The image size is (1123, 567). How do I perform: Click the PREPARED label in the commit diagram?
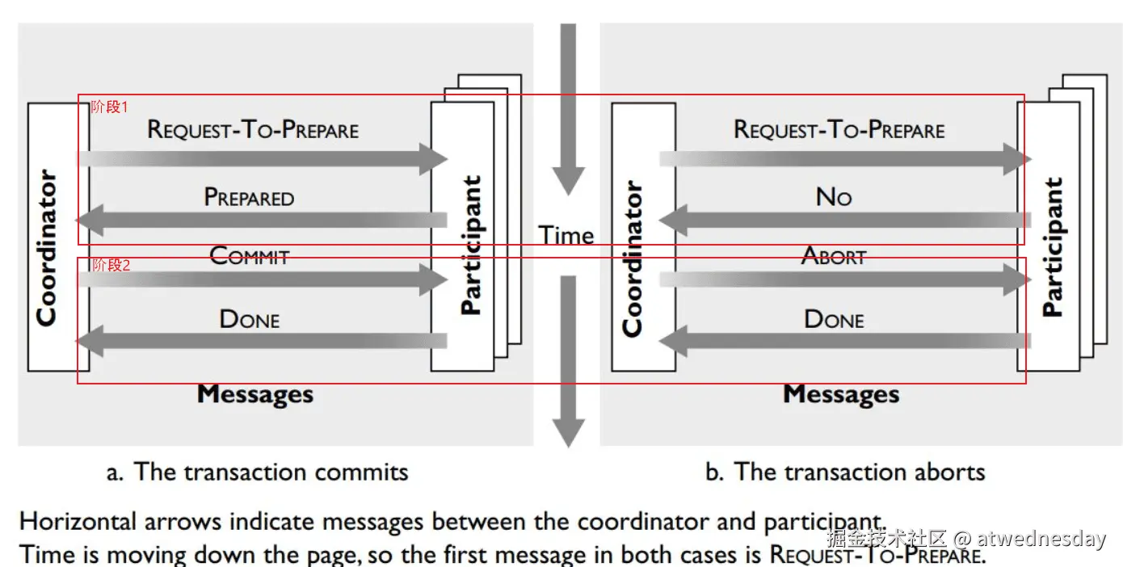[249, 198]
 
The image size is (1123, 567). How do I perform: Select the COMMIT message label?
[249, 256]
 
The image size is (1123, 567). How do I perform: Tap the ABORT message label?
[834, 256]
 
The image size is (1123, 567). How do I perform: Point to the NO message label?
[834, 196]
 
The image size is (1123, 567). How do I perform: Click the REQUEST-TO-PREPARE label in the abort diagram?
[839, 130]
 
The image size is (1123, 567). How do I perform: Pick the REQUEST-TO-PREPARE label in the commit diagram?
[253, 130]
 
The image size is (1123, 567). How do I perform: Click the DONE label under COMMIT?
[250, 319]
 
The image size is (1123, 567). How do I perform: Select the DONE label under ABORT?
[834, 319]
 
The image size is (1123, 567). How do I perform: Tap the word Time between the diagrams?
[566, 235]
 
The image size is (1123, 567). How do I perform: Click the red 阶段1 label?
[109, 107]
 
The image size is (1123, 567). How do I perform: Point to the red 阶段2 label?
[111, 265]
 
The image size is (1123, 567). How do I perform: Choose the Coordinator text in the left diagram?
[47, 248]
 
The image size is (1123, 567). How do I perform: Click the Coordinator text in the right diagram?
[633, 258]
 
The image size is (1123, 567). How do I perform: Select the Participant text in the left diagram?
[471, 245]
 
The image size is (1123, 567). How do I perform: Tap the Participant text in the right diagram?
[1052, 246]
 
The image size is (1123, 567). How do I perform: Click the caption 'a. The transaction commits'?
[257, 472]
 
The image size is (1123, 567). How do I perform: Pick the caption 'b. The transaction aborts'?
[845, 472]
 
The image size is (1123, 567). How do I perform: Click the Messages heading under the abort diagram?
[841, 395]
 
